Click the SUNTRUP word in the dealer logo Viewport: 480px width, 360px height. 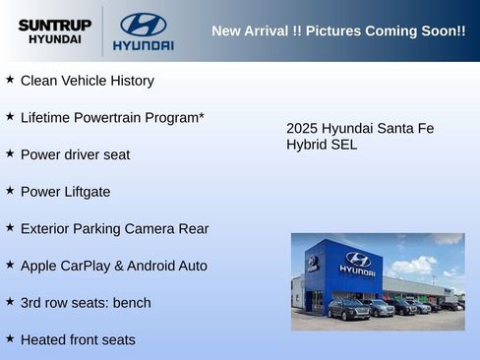(x=54, y=25)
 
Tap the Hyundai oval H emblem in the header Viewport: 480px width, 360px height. (x=143, y=24)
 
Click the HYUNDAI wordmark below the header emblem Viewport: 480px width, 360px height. (x=143, y=45)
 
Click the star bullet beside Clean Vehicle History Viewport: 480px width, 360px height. (x=10, y=79)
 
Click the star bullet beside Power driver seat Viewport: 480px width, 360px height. (x=10, y=153)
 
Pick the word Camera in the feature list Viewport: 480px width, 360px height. (x=151, y=228)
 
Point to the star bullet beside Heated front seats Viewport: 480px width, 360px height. (x=10, y=338)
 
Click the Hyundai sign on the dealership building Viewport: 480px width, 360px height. (x=357, y=263)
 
